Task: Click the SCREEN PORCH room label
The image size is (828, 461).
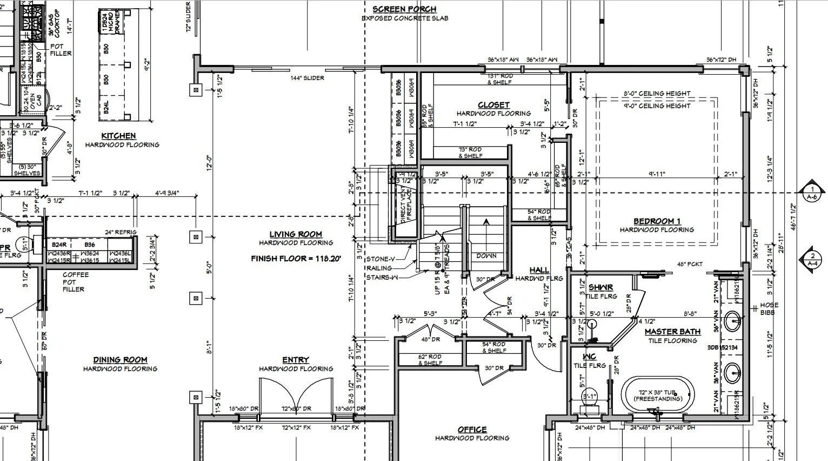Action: (x=404, y=9)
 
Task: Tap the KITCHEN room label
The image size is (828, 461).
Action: (x=118, y=136)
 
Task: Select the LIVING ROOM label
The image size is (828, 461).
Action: (x=296, y=234)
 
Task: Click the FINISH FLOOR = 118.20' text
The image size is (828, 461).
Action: (x=296, y=259)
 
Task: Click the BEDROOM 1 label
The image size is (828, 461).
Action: (x=657, y=221)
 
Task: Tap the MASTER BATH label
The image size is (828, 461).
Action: (x=672, y=332)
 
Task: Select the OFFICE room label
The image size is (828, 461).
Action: (x=472, y=430)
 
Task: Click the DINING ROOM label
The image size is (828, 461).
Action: (x=120, y=360)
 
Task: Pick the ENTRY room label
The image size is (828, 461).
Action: (x=296, y=360)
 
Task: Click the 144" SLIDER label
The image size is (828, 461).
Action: (x=307, y=78)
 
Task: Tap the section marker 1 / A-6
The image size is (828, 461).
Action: (x=812, y=193)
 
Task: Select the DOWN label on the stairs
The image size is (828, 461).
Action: (x=486, y=256)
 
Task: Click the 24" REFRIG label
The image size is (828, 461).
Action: (x=121, y=232)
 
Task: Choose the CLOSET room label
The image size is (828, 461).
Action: (x=493, y=105)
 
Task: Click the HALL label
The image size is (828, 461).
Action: (x=539, y=270)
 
